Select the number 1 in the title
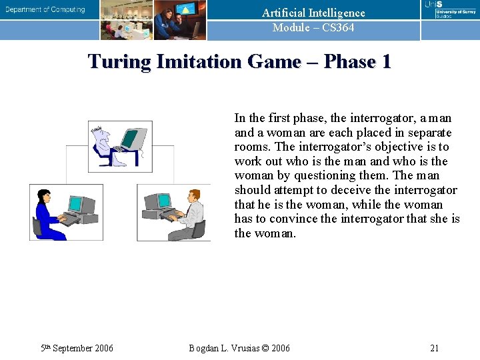(385, 62)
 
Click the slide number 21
(434, 348)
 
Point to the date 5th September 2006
(77, 348)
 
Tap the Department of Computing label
(45, 9)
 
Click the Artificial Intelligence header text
(313, 13)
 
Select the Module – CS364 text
(313, 27)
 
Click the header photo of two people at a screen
(179, 20)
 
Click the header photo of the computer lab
(127, 20)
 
